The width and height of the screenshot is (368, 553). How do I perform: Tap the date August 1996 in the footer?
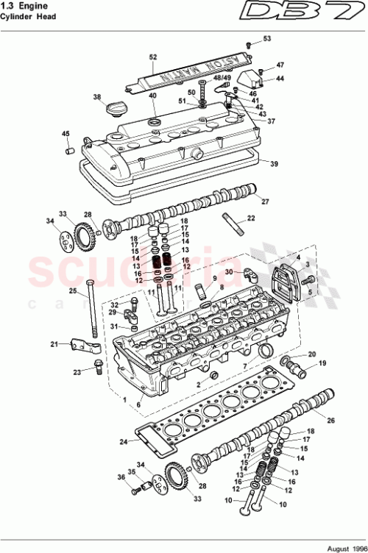(x=342, y=546)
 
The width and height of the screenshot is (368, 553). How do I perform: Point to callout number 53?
(x=267, y=38)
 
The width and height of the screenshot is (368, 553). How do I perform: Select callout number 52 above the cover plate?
(x=153, y=57)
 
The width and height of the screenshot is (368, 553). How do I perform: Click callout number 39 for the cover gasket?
(x=274, y=163)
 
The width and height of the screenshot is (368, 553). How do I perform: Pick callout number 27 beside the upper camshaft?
(x=266, y=201)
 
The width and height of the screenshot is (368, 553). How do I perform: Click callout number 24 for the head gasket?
(x=124, y=442)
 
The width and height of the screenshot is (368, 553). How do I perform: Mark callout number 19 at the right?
(x=321, y=363)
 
